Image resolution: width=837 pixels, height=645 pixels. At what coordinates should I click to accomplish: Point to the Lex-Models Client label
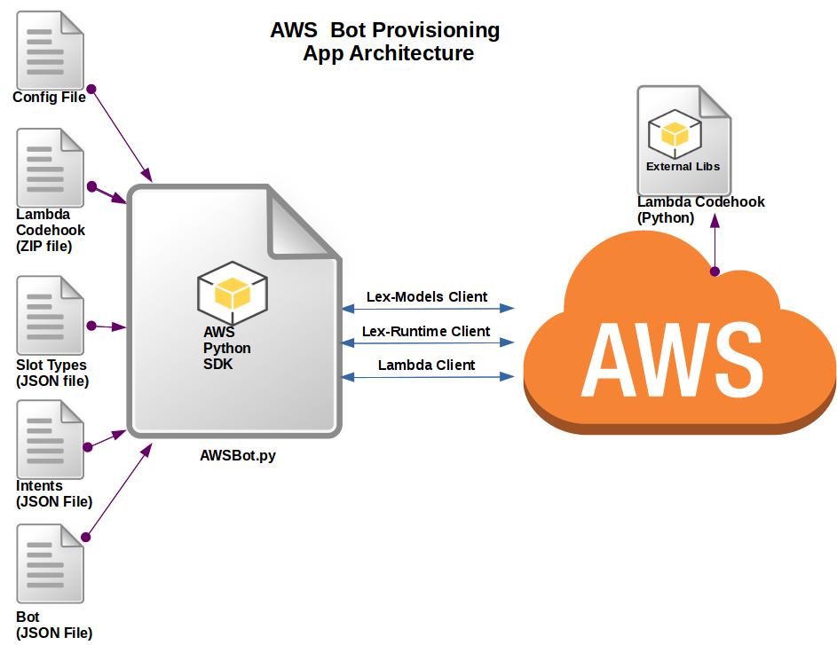(x=427, y=296)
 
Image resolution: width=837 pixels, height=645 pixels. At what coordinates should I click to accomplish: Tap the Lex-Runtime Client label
(x=426, y=331)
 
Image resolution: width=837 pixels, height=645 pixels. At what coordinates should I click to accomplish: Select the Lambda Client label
(x=426, y=365)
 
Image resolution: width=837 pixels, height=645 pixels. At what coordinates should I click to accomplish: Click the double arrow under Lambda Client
(x=429, y=377)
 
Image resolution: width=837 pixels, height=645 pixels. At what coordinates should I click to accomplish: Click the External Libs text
(x=683, y=166)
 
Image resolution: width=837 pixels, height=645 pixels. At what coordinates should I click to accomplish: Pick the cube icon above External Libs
(x=675, y=134)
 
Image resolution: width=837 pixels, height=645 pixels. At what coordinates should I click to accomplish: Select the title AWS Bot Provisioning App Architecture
(x=386, y=42)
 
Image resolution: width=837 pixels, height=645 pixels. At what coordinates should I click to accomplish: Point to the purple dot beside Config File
(x=91, y=90)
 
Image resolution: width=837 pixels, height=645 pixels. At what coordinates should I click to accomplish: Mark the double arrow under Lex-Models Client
(x=429, y=309)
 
